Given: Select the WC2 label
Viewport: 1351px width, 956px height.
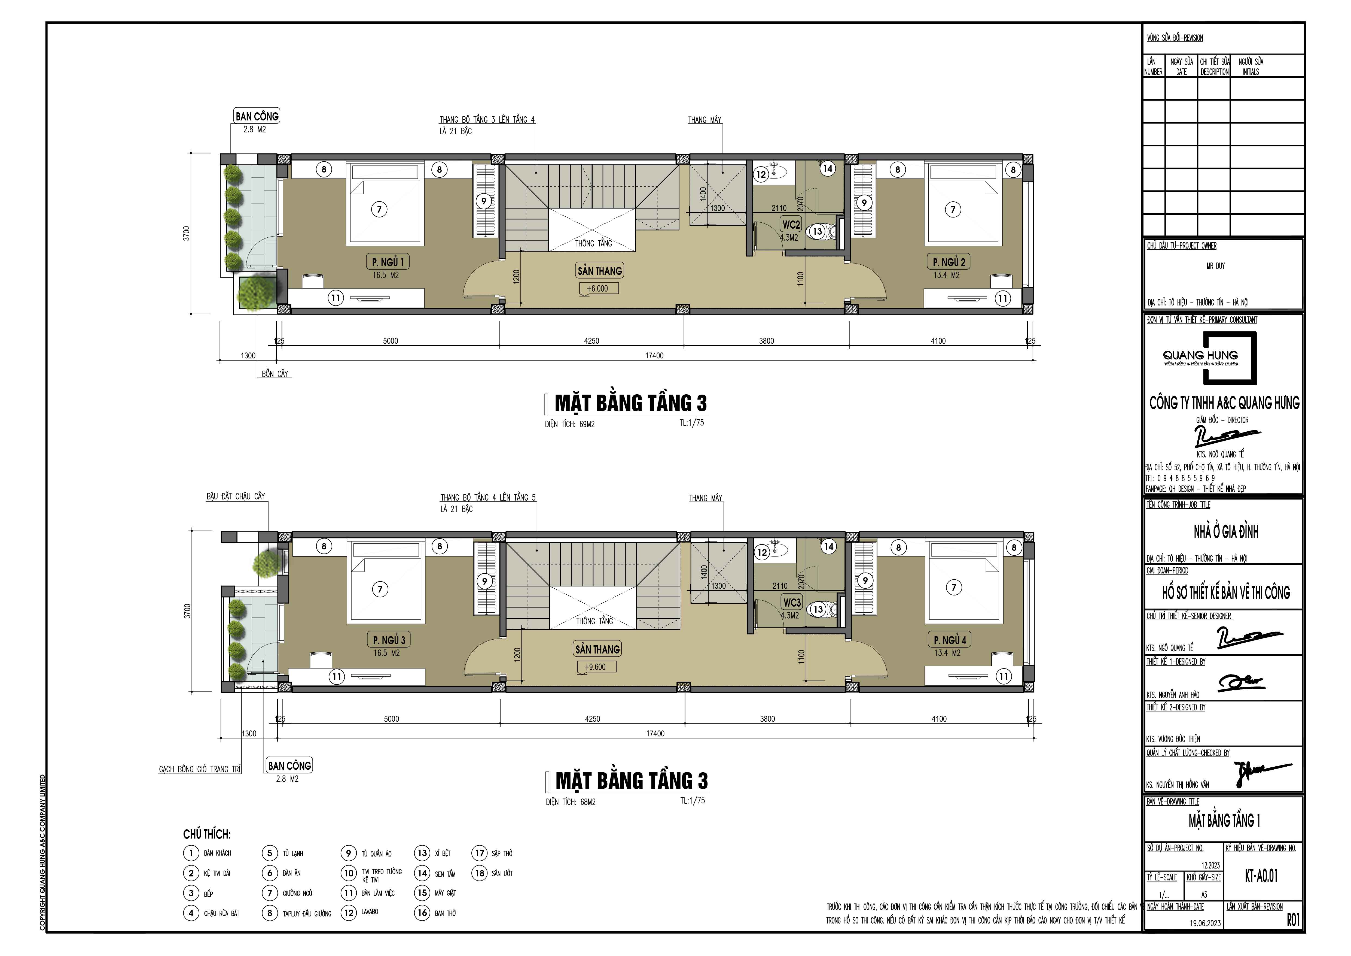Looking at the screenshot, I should click(791, 224).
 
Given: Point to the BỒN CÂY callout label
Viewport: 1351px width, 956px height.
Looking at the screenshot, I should click(275, 374).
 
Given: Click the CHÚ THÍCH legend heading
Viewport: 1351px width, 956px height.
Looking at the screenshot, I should click(206, 834).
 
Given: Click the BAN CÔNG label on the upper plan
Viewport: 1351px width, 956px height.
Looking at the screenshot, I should click(257, 116).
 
